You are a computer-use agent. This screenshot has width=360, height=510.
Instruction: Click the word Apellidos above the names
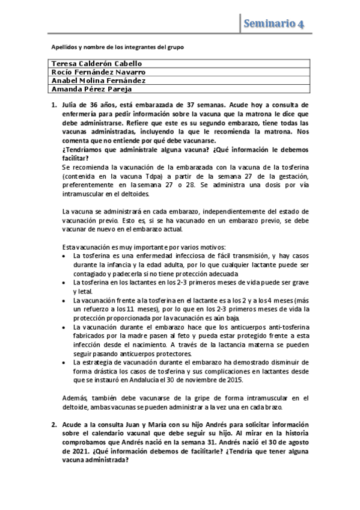coord(63,46)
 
